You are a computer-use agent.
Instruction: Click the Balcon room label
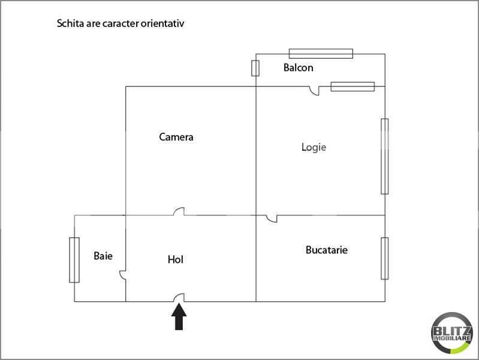point(298,68)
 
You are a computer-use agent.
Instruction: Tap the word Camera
point(176,137)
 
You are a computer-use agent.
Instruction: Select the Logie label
point(314,148)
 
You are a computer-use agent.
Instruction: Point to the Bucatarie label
point(327,250)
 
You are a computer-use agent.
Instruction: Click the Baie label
point(103,256)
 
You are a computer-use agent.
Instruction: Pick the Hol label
point(175,260)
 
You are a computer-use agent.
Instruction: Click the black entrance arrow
point(179,317)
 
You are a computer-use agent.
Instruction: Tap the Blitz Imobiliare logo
point(452,333)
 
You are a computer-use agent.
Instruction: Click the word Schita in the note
point(70,23)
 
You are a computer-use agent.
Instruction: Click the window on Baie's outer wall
point(74,260)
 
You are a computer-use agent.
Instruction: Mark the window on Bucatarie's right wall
point(385,259)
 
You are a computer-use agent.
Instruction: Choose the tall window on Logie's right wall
point(385,156)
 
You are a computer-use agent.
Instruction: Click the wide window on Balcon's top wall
point(321,53)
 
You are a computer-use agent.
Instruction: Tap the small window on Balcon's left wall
point(255,68)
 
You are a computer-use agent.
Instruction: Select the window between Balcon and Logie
point(353,86)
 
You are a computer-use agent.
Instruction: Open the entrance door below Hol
point(179,298)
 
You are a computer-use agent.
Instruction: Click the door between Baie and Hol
point(122,275)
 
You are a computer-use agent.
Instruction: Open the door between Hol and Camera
point(179,212)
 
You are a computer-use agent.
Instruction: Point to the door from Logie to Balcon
point(314,91)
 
